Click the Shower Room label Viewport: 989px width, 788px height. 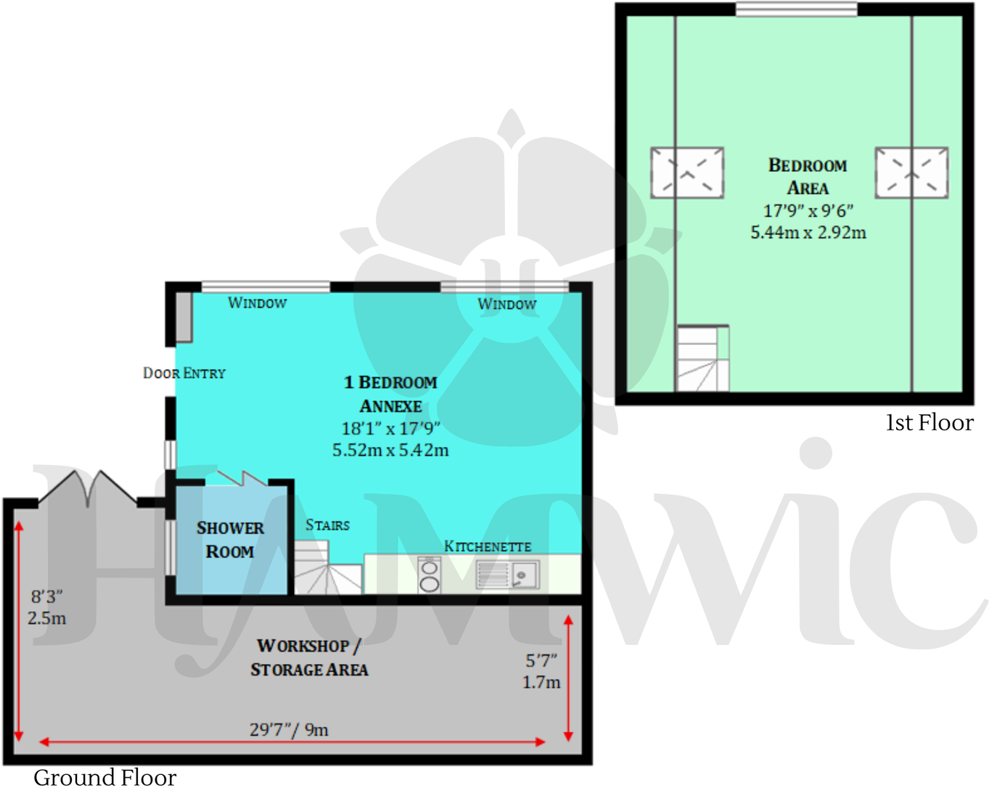(230, 540)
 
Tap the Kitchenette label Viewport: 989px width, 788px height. (488, 546)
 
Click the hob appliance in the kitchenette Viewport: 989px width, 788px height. (430, 575)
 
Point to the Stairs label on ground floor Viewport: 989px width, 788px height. (327, 525)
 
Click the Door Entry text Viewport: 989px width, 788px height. (184, 373)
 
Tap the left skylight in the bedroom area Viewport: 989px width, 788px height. (686, 173)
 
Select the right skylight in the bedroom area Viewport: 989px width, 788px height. (911, 173)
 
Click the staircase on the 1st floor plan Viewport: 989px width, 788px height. (702, 359)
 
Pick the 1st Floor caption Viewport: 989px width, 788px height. (930, 422)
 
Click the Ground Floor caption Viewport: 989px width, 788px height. (105, 777)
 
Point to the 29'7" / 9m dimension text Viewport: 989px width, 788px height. (289, 729)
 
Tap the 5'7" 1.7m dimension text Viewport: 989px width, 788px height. (541, 671)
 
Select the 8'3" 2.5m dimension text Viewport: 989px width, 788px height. (47, 607)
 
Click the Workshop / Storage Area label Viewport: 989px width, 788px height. (309, 657)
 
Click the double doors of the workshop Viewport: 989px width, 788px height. (87, 488)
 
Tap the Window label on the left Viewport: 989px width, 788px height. (257, 303)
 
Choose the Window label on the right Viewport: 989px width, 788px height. (506, 304)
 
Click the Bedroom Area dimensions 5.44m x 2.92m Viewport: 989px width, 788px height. (808, 232)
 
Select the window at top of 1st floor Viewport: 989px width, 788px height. (796, 9)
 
